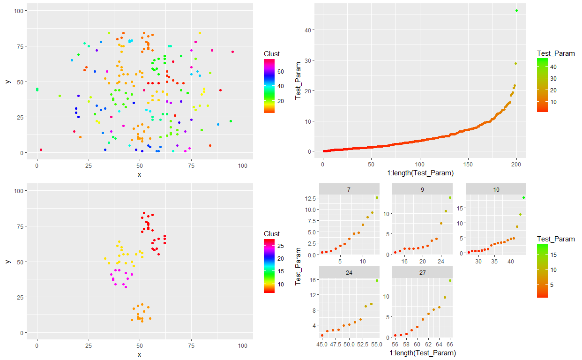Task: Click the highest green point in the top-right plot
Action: click(x=516, y=10)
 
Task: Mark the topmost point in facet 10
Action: click(x=523, y=198)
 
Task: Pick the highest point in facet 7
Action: click(x=376, y=198)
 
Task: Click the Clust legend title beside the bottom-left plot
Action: click(x=272, y=233)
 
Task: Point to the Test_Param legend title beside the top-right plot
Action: click(x=556, y=53)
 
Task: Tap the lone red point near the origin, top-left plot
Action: click(x=41, y=150)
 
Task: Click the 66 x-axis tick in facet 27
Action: click(x=450, y=344)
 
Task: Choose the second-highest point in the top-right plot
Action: click(x=515, y=63)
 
